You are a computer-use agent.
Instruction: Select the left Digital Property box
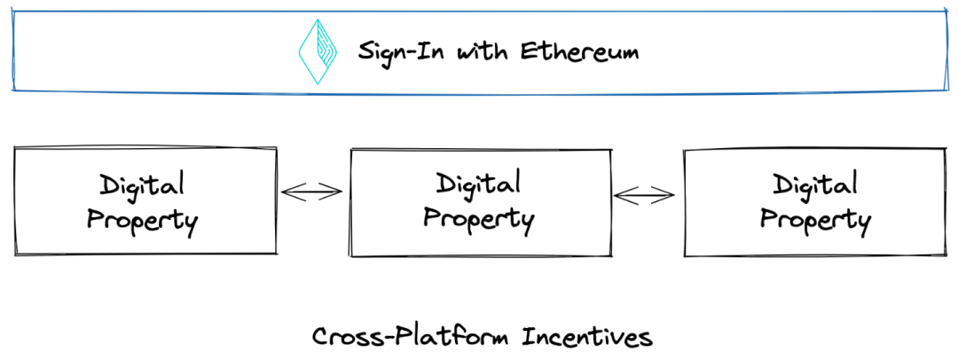pyautogui.click(x=145, y=201)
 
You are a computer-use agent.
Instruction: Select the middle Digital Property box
pyautogui.click(x=481, y=202)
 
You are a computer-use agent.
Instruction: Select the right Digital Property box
pyautogui.click(x=815, y=202)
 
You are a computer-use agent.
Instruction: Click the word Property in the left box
pyautogui.click(x=142, y=219)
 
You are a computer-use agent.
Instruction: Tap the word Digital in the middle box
pyautogui.click(x=478, y=184)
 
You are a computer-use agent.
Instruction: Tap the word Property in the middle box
pyautogui.click(x=478, y=217)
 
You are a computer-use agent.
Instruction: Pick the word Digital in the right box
pyautogui.click(x=815, y=186)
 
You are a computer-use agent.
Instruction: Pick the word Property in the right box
pyautogui.click(x=815, y=219)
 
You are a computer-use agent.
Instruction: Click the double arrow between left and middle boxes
pyautogui.click(x=311, y=191)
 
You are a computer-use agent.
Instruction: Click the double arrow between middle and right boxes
pyautogui.click(x=645, y=195)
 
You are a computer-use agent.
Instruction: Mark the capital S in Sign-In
pyautogui.click(x=366, y=51)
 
